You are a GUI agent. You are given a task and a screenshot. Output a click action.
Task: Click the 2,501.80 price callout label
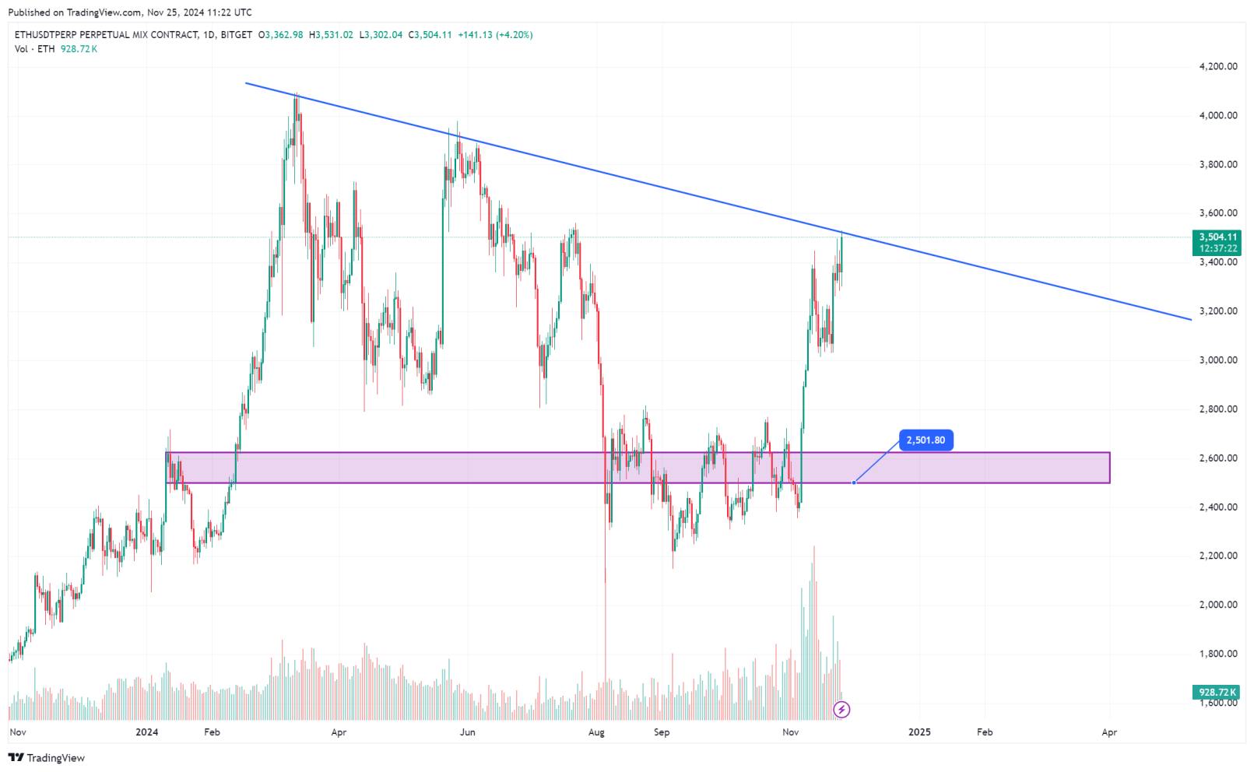926,440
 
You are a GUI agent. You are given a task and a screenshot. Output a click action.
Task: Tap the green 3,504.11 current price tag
1218,237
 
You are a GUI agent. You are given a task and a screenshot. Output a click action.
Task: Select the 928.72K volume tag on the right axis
1218,692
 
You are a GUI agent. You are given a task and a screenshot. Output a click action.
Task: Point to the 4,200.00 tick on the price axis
1218,67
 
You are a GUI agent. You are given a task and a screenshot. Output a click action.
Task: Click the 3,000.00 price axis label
1218,360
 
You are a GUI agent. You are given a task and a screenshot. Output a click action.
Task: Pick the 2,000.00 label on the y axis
1218,605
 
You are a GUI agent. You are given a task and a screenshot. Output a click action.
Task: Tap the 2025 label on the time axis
919,732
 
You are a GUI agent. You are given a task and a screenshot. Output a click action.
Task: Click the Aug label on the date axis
596,732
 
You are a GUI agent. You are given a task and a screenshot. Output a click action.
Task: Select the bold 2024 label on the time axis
146,732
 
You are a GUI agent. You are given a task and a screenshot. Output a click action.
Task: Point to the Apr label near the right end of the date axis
1109,732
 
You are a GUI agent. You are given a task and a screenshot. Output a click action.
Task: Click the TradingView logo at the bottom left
47,758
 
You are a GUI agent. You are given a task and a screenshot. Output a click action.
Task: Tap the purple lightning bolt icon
841,709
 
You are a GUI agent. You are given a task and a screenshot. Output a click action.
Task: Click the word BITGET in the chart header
236,35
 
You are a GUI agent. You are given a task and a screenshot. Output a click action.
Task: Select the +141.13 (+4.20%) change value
495,35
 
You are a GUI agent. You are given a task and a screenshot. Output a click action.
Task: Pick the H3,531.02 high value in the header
331,35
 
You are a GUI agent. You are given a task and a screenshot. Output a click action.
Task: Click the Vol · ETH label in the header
35,49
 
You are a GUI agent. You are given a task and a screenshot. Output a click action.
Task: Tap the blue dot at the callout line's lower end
854,482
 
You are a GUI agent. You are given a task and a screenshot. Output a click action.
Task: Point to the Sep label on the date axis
662,732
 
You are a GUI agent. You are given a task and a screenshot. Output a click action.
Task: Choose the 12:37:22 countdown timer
1218,248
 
